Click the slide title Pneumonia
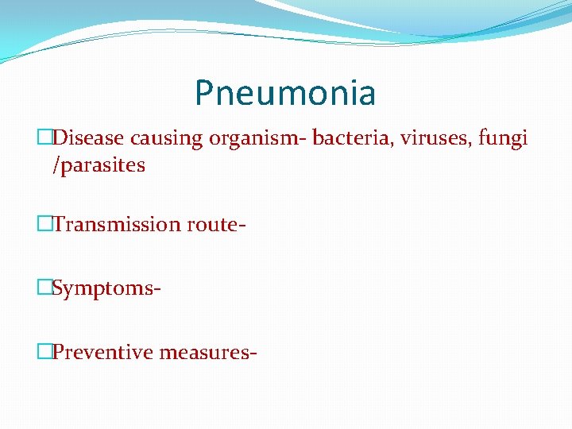coord(285,93)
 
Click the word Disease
coord(89,138)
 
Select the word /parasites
coord(99,166)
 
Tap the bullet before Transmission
coord(44,224)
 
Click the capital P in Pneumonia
coord(204,93)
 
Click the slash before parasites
coord(56,166)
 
